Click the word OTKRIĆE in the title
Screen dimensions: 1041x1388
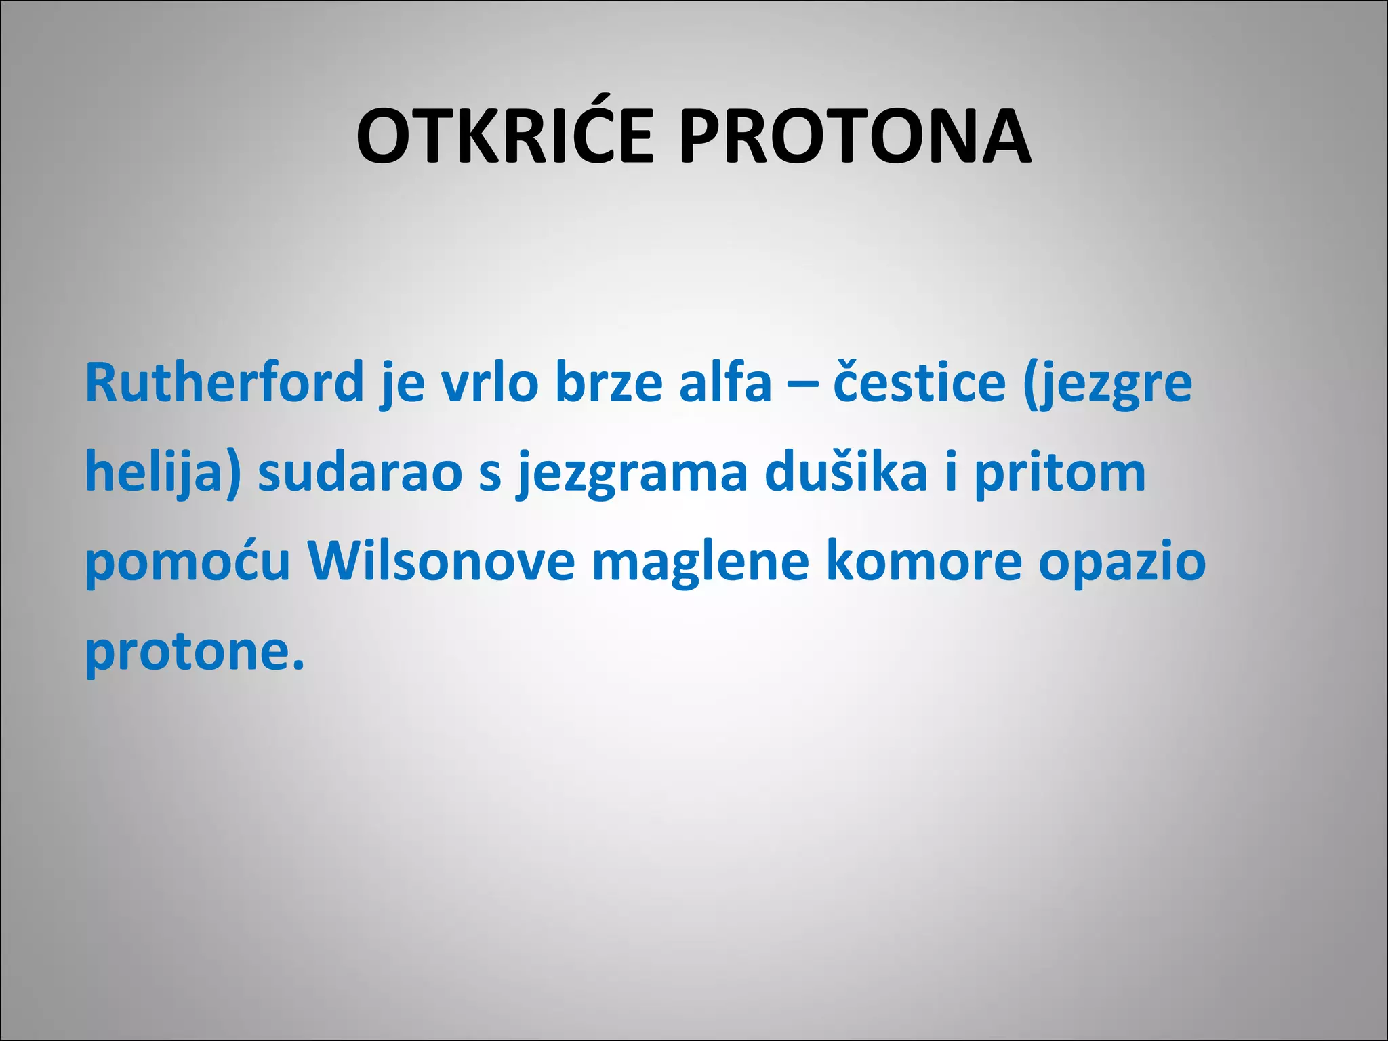505,137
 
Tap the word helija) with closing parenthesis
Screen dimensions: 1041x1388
163,473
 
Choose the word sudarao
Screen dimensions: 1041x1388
360,472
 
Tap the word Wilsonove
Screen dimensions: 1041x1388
441,561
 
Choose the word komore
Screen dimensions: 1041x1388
924,561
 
